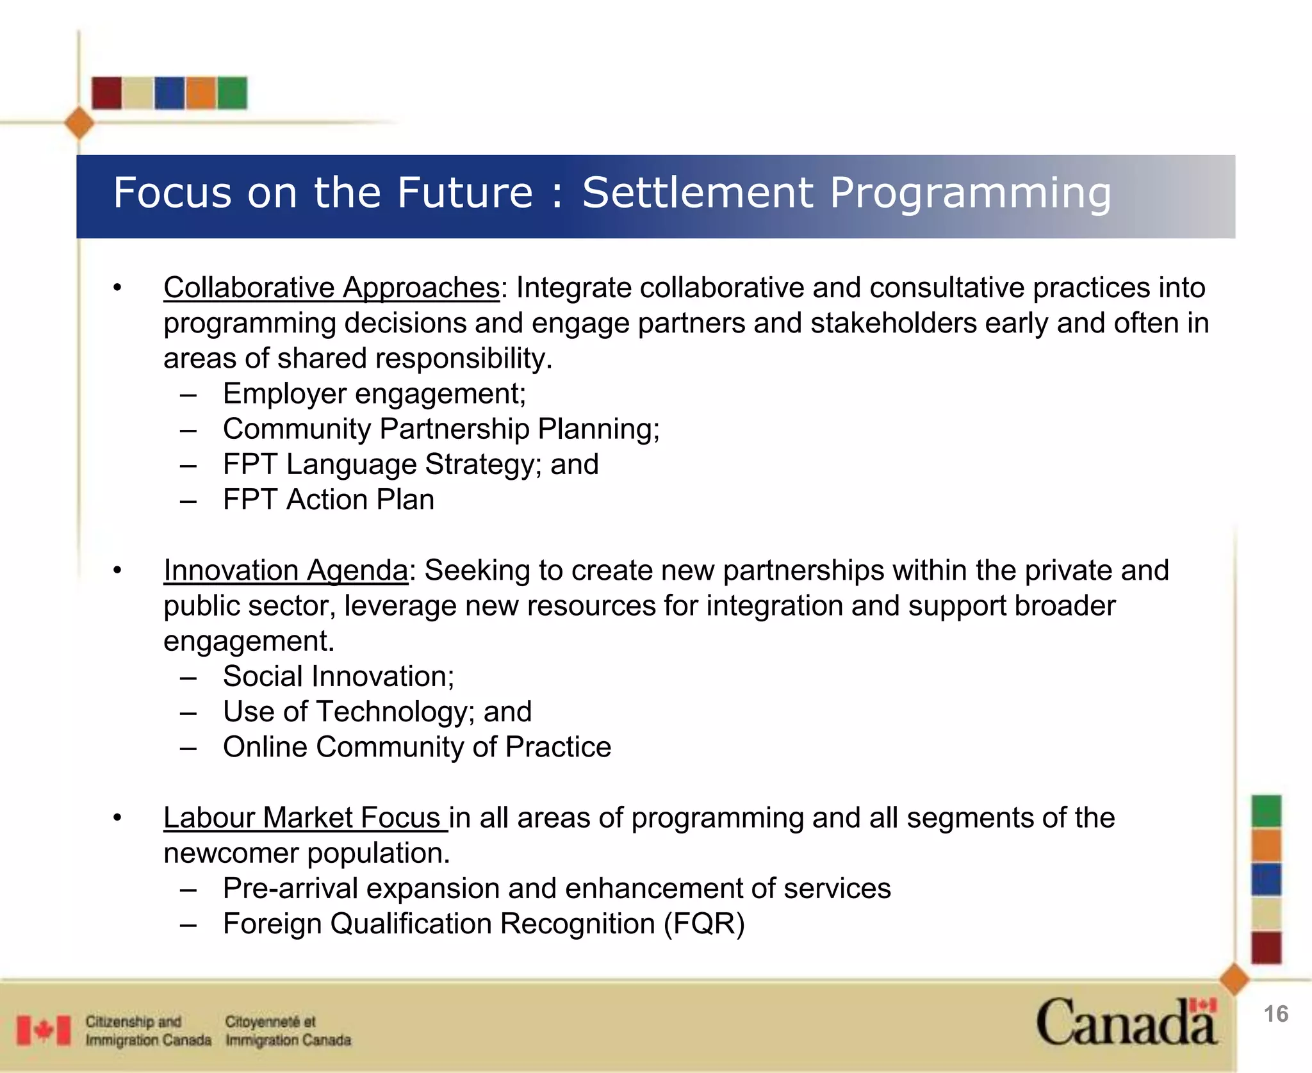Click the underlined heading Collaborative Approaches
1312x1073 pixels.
[331, 288]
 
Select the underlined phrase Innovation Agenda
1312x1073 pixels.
[286, 570]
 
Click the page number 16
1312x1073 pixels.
[1275, 1014]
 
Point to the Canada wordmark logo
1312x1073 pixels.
[1126, 1022]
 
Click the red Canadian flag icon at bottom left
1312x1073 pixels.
[44, 1030]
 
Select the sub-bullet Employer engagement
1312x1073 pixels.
[374, 393]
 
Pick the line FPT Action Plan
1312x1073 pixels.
[328, 500]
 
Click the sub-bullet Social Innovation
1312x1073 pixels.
[338, 676]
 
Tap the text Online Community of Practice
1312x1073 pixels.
[416, 747]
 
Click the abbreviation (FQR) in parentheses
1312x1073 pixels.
[704, 924]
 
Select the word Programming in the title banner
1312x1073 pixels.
[970, 193]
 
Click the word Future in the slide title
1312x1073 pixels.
[464, 193]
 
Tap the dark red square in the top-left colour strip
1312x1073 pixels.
[106, 93]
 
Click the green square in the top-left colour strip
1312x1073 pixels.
[232, 93]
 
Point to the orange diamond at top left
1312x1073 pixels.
[79, 123]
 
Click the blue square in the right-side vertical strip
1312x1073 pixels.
[1266, 879]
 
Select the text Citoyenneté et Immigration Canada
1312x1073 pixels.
[288, 1030]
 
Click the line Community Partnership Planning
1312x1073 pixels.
[441, 429]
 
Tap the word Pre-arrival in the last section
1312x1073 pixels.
[290, 889]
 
